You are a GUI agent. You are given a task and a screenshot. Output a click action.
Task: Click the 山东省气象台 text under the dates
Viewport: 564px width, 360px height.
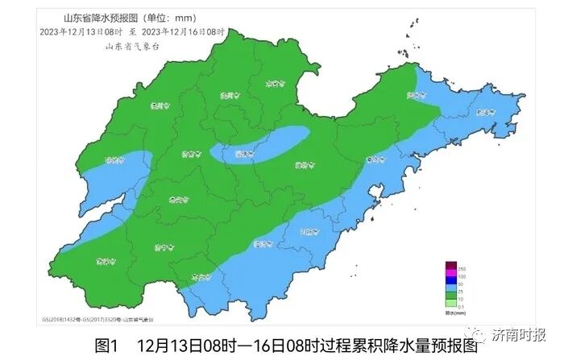[x=134, y=46]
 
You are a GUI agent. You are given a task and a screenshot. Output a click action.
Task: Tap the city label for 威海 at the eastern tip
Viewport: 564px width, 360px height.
[x=483, y=114]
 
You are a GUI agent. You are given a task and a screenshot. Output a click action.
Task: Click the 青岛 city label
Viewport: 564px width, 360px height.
[x=373, y=160]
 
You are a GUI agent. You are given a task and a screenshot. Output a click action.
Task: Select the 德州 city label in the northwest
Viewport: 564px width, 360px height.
[x=160, y=106]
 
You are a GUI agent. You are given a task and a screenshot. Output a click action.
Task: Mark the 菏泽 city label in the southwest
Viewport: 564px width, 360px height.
[x=103, y=260]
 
